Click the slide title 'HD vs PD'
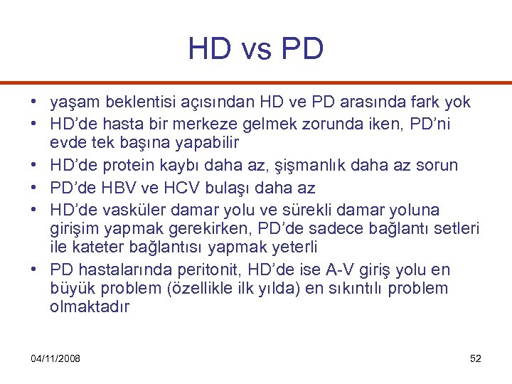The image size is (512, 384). pos(256,48)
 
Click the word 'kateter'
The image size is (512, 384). pos(97,248)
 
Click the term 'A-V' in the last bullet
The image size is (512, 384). pos(336,270)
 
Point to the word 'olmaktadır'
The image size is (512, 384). pos(90,307)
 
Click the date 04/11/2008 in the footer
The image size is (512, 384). pos(56,358)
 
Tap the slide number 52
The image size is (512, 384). pos(476,358)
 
